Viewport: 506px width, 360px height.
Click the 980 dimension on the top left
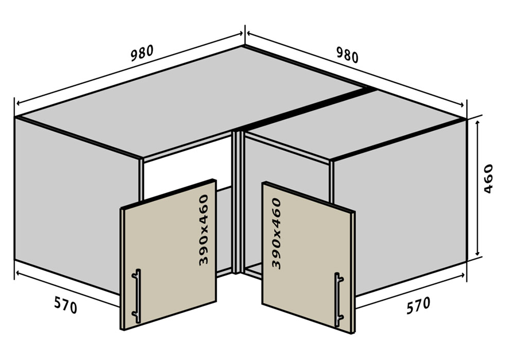point(142,53)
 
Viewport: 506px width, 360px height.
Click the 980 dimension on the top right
point(347,55)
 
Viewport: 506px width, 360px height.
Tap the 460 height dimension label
point(488,178)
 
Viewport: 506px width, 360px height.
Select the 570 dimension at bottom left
point(65,305)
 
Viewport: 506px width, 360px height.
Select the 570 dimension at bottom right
point(418,305)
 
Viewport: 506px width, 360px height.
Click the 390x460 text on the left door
point(204,230)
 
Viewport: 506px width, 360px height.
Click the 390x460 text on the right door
point(276,233)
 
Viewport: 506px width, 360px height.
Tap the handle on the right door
point(339,299)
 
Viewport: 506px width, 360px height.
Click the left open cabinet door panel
point(169,255)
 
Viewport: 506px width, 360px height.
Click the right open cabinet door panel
point(308,258)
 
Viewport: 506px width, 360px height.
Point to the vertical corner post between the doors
point(237,202)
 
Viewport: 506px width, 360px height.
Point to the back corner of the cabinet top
point(244,46)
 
